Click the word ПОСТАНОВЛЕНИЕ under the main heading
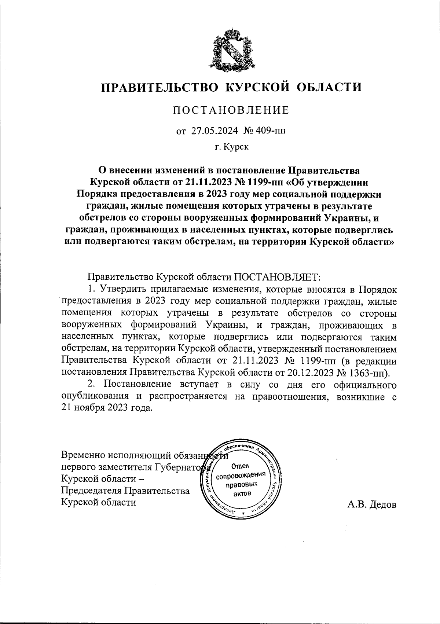pos(231,110)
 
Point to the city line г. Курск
pos(231,147)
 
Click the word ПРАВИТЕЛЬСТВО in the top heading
pos(160,87)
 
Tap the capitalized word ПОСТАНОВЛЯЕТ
pos(277,276)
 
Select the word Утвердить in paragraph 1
pos(121,289)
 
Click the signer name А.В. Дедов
pos(372,505)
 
